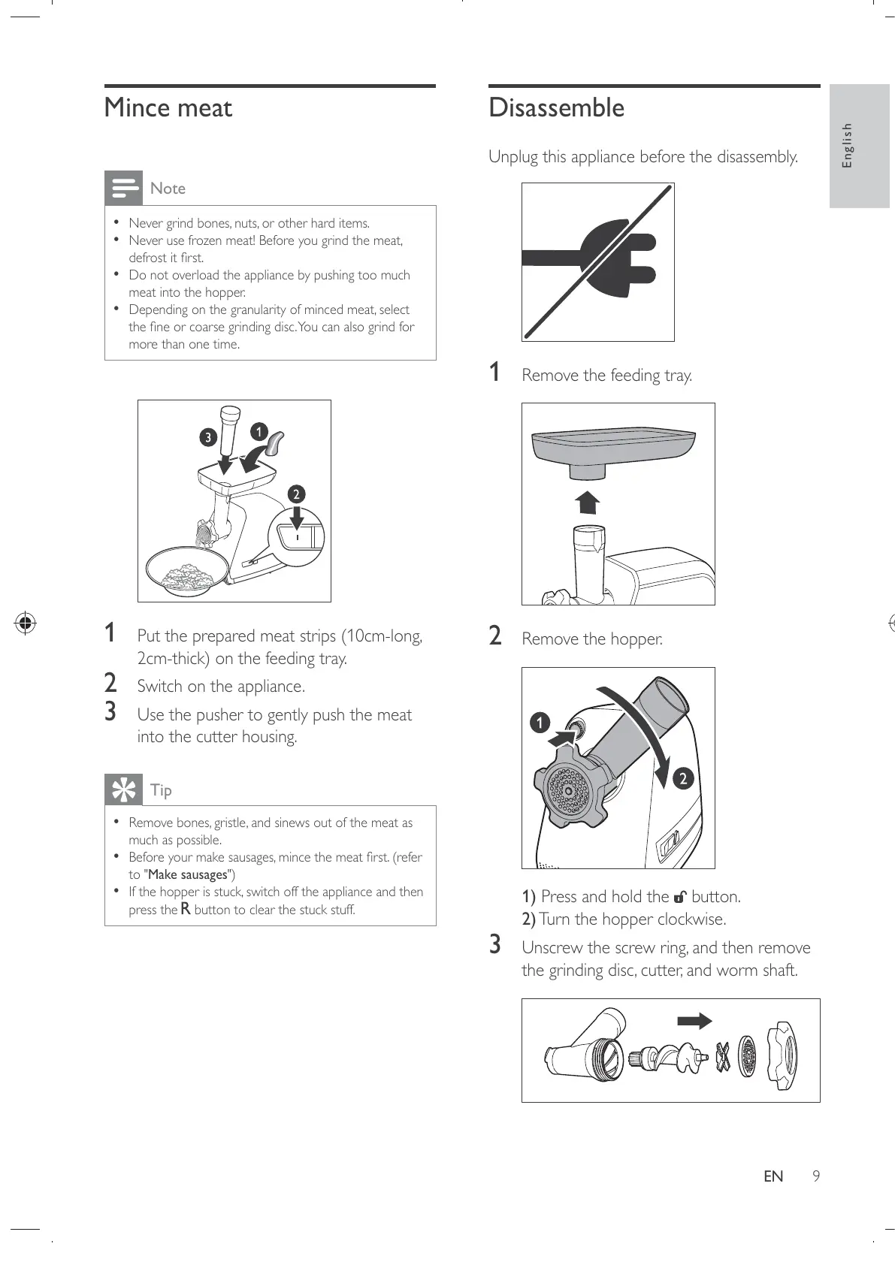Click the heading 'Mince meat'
point(168,108)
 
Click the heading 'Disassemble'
point(556,108)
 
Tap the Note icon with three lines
point(123,188)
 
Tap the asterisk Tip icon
point(123,789)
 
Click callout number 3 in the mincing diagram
point(208,437)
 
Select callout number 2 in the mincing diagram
point(296,494)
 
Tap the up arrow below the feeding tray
point(588,502)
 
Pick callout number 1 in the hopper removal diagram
point(540,723)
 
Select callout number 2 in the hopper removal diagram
point(682,778)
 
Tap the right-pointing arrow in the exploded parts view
point(694,1021)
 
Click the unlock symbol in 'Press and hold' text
point(680,897)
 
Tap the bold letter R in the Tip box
point(186,910)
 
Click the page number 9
point(815,1176)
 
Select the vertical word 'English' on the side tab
point(848,146)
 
